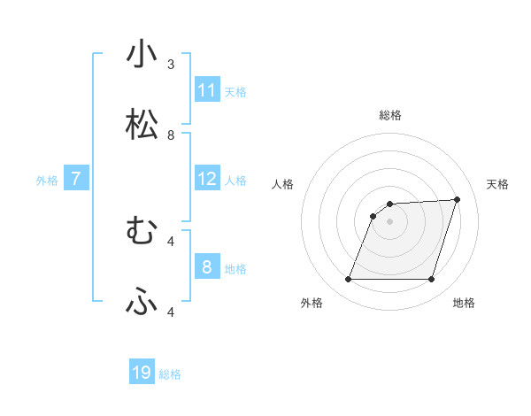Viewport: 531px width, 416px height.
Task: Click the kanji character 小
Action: click(142, 55)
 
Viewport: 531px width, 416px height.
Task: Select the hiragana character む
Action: click(142, 232)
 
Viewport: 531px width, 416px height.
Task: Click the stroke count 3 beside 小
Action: click(171, 65)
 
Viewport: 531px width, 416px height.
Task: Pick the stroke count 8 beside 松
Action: click(171, 135)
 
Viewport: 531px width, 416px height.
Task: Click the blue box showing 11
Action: click(207, 90)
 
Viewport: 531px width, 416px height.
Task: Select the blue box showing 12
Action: click(207, 179)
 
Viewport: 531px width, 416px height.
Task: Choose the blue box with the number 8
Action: click(207, 267)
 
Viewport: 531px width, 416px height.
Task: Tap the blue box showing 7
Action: click(76, 179)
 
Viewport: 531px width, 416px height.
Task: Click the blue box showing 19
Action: click(142, 373)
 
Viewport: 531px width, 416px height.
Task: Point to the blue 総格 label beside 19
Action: click(170, 374)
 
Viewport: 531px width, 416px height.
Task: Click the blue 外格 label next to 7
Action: click(47, 181)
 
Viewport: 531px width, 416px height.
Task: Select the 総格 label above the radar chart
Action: click(390, 115)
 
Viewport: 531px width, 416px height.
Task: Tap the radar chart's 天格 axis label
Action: click(497, 184)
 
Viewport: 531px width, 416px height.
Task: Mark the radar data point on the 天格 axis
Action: click(458, 199)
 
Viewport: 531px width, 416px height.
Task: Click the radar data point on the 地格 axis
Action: click(431, 280)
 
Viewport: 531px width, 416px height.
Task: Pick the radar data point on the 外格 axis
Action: click(349, 280)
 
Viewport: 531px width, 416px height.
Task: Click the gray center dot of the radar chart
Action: click(390, 221)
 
